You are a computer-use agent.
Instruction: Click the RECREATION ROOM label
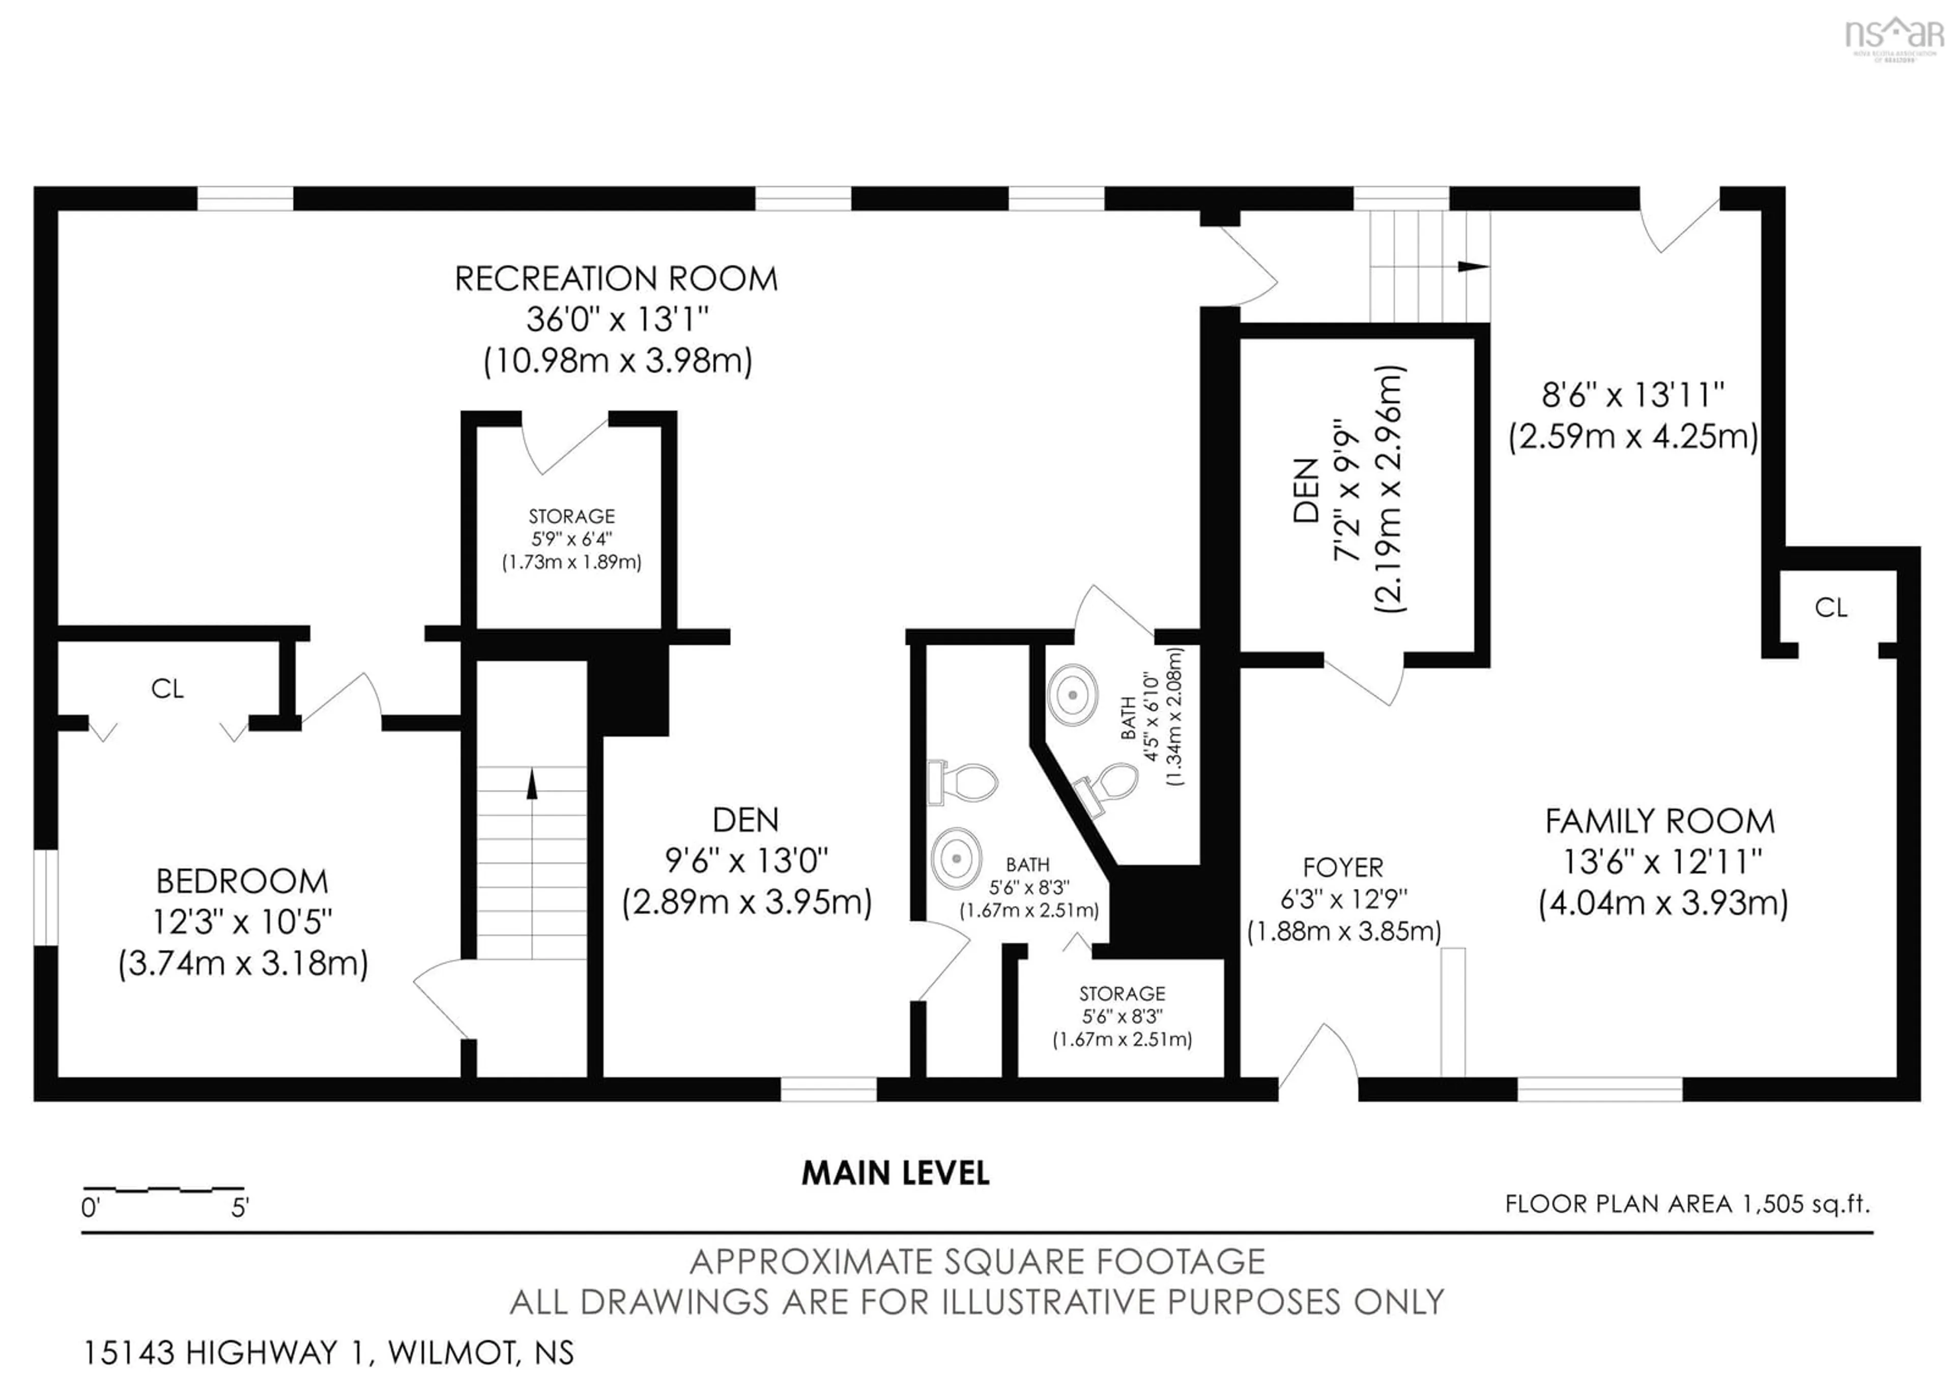coord(616,279)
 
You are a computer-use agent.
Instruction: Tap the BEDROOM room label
coord(242,881)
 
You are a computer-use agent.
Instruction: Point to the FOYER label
coord(1343,868)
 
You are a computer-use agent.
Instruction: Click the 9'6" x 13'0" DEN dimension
coord(746,861)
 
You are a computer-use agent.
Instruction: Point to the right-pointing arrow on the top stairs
coord(1472,266)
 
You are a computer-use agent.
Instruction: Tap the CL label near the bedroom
coord(167,688)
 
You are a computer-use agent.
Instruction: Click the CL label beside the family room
coord(1830,608)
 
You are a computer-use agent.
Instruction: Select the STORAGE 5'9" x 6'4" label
coord(571,516)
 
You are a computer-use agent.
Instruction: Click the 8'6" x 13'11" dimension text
coord(1632,395)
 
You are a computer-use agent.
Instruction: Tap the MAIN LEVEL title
coord(895,1174)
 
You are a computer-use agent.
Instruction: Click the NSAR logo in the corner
coord(1893,36)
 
